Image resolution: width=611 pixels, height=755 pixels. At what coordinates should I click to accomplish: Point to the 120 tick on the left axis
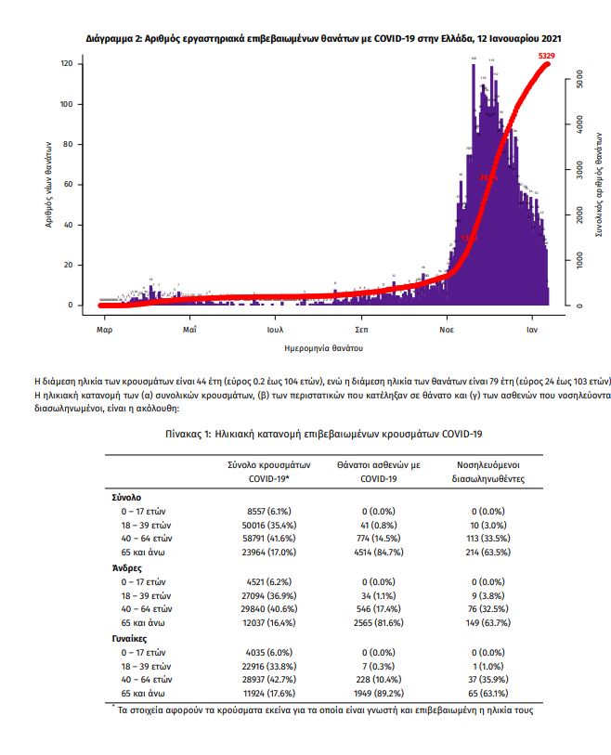66,64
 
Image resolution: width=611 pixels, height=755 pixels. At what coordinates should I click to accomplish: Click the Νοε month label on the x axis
447,329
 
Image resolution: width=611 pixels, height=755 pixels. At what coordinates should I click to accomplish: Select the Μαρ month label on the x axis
104,329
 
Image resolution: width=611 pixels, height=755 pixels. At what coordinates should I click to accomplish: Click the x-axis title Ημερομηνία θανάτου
323,347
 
